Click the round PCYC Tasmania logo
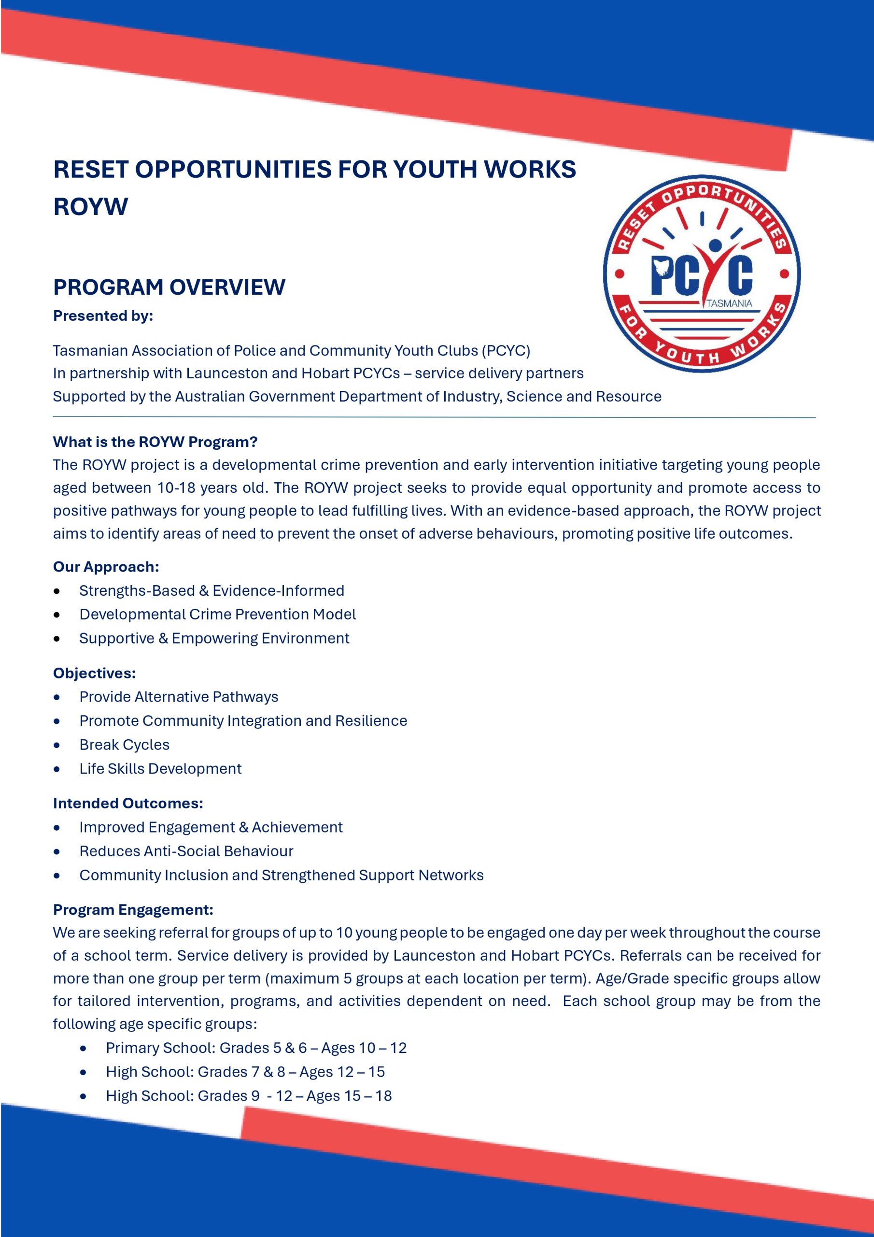(701, 273)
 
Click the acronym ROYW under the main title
(90, 207)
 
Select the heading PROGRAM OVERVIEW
(169, 287)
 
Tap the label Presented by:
(103, 316)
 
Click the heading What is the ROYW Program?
(155, 442)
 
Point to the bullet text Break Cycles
(125, 745)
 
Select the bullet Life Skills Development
(160, 768)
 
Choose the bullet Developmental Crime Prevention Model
(218, 614)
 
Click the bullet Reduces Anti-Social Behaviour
(186, 851)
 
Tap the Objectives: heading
(94, 673)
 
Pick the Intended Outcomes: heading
(128, 803)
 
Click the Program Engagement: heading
(133, 909)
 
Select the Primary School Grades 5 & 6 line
(256, 1048)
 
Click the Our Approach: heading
(106, 567)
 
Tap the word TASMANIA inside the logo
(729, 303)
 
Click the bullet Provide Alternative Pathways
(179, 697)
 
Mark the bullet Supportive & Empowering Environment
(214, 638)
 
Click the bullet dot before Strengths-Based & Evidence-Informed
(57, 591)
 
